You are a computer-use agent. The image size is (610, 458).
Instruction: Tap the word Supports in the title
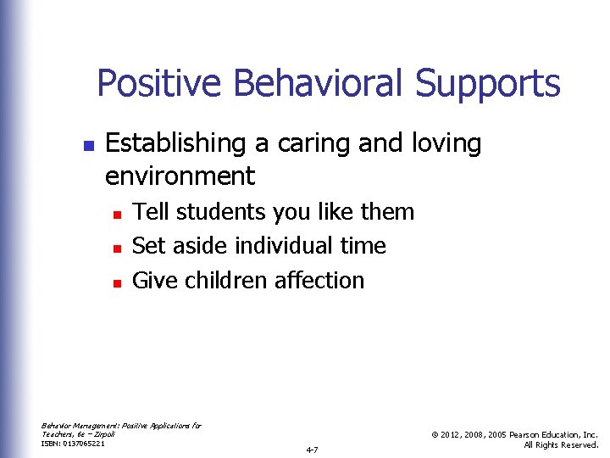[487, 84]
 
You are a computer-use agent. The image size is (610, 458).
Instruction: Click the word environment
[180, 176]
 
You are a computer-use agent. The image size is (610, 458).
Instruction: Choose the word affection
[317, 280]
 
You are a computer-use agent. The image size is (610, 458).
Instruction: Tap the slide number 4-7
[312, 450]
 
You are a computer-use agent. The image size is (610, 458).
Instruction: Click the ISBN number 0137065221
[85, 444]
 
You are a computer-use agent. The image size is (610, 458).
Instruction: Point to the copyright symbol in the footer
[433, 434]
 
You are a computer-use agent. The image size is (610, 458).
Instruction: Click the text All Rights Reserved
[562, 444]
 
